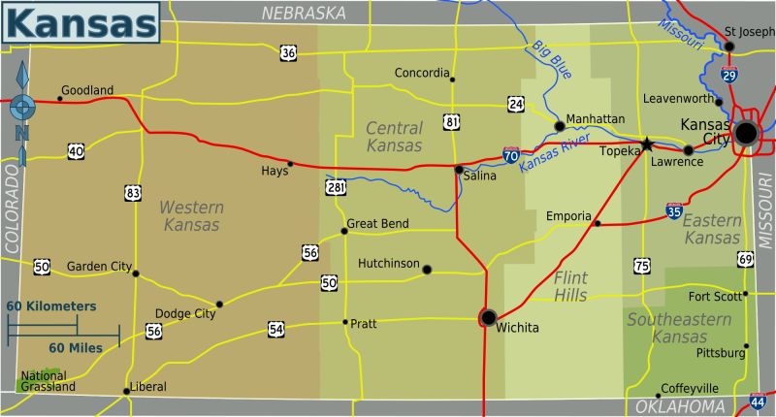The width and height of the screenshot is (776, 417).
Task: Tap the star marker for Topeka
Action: (x=647, y=144)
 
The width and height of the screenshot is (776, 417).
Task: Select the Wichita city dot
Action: (x=488, y=316)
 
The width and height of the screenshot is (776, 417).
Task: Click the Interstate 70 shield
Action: (x=511, y=155)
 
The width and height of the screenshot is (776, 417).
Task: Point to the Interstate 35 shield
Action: (x=673, y=210)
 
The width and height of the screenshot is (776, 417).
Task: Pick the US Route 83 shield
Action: (x=133, y=193)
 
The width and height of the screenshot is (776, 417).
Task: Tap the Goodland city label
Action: (x=87, y=90)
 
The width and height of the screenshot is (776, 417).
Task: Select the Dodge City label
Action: (x=185, y=314)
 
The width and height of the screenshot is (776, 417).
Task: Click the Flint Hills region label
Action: (x=570, y=286)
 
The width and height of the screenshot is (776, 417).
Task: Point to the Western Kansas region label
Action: (x=191, y=216)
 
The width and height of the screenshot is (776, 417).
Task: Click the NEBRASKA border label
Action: (x=304, y=13)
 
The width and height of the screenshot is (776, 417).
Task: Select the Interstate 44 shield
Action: (x=758, y=400)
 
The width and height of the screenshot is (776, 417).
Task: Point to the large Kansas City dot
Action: (x=746, y=134)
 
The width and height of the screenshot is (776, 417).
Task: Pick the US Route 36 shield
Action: (x=288, y=52)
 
